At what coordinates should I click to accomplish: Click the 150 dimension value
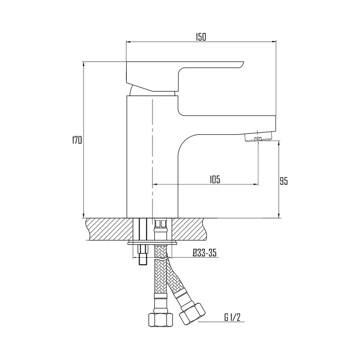201,37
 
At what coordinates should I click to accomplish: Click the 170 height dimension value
77,140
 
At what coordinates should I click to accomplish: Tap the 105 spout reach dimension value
215,180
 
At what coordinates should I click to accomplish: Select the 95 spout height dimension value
284,181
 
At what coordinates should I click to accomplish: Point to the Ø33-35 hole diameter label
204,253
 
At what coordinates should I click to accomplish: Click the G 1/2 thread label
232,318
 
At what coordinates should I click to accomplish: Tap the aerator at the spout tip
258,137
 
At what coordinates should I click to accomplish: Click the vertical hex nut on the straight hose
161,320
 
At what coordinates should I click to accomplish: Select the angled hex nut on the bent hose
192,314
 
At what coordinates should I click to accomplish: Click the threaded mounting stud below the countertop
143,255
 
